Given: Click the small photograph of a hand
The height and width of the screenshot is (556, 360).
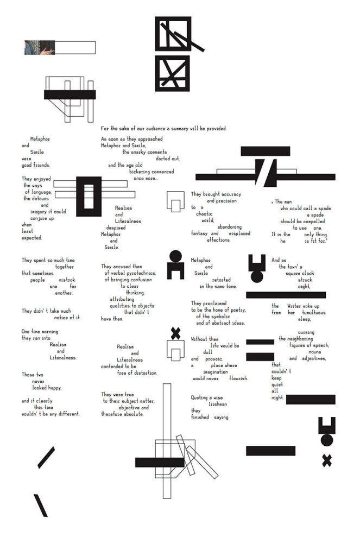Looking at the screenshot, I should point(41,48).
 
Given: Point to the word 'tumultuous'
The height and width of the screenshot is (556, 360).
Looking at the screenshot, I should point(311,313).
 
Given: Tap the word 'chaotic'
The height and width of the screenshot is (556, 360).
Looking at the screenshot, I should point(204,214).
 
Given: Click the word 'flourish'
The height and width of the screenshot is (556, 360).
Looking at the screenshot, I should point(238,378).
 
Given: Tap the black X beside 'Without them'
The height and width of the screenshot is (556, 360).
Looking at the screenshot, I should point(175,333).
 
